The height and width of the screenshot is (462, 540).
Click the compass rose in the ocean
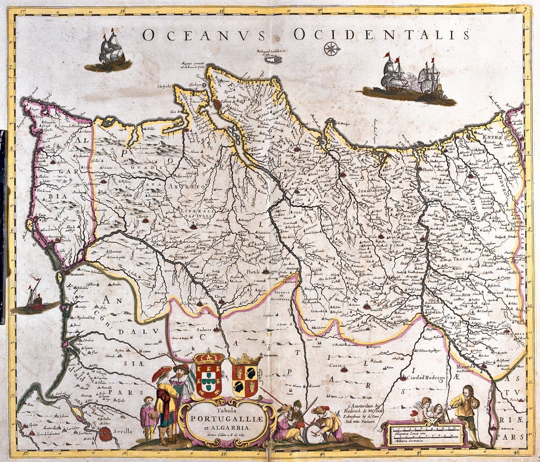(331, 49)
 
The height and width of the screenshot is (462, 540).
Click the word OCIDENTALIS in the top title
(381, 34)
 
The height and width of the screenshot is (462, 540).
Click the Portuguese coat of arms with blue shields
(209, 376)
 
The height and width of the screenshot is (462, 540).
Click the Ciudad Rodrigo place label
(417, 378)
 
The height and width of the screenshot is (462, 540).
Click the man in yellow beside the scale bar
(467, 408)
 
